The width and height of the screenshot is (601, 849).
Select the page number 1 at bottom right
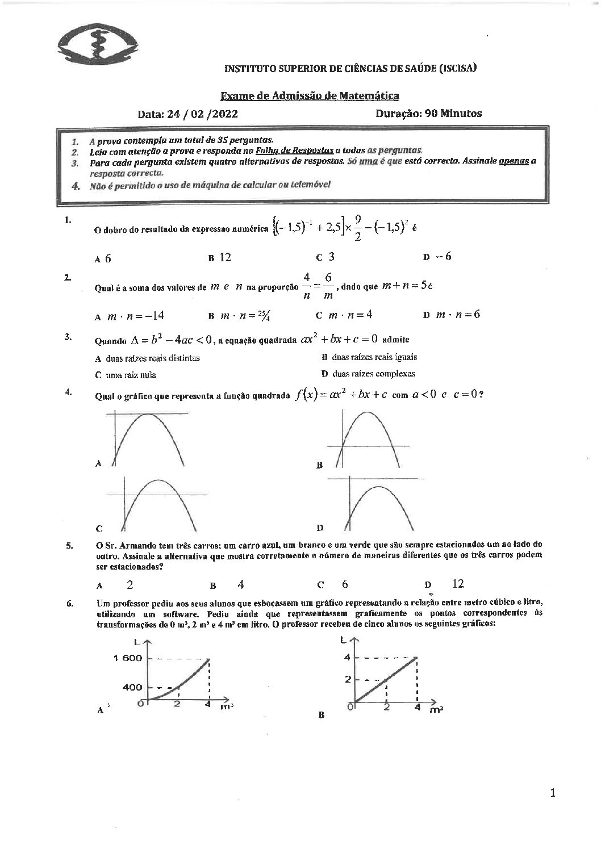point(553,793)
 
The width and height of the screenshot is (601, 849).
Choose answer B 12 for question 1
point(220,257)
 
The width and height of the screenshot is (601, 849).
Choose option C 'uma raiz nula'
point(126,375)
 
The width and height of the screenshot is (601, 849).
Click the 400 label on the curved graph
point(132,687)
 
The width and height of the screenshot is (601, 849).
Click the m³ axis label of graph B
point(436,710)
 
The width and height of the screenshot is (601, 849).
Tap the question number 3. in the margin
point(68,336)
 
